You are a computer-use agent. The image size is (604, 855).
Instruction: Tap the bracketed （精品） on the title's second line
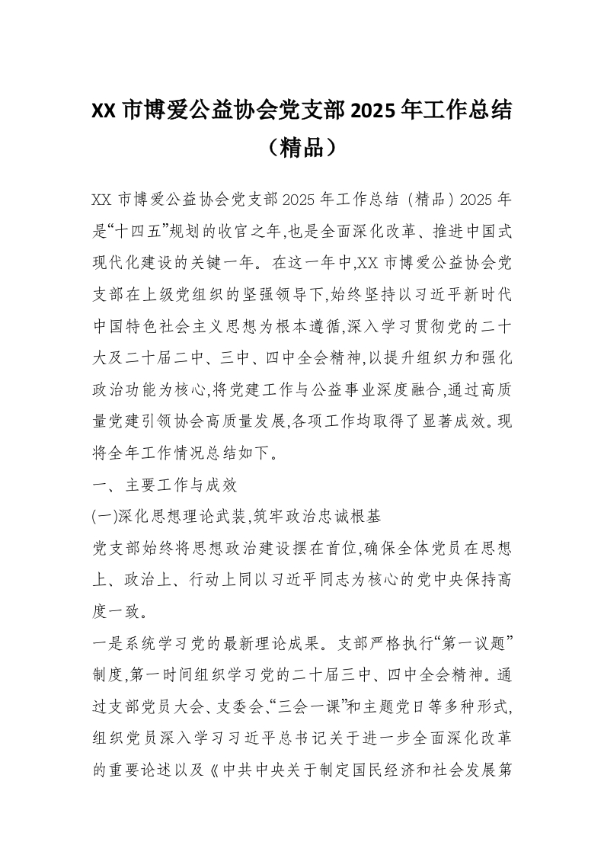click(302, 147)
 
